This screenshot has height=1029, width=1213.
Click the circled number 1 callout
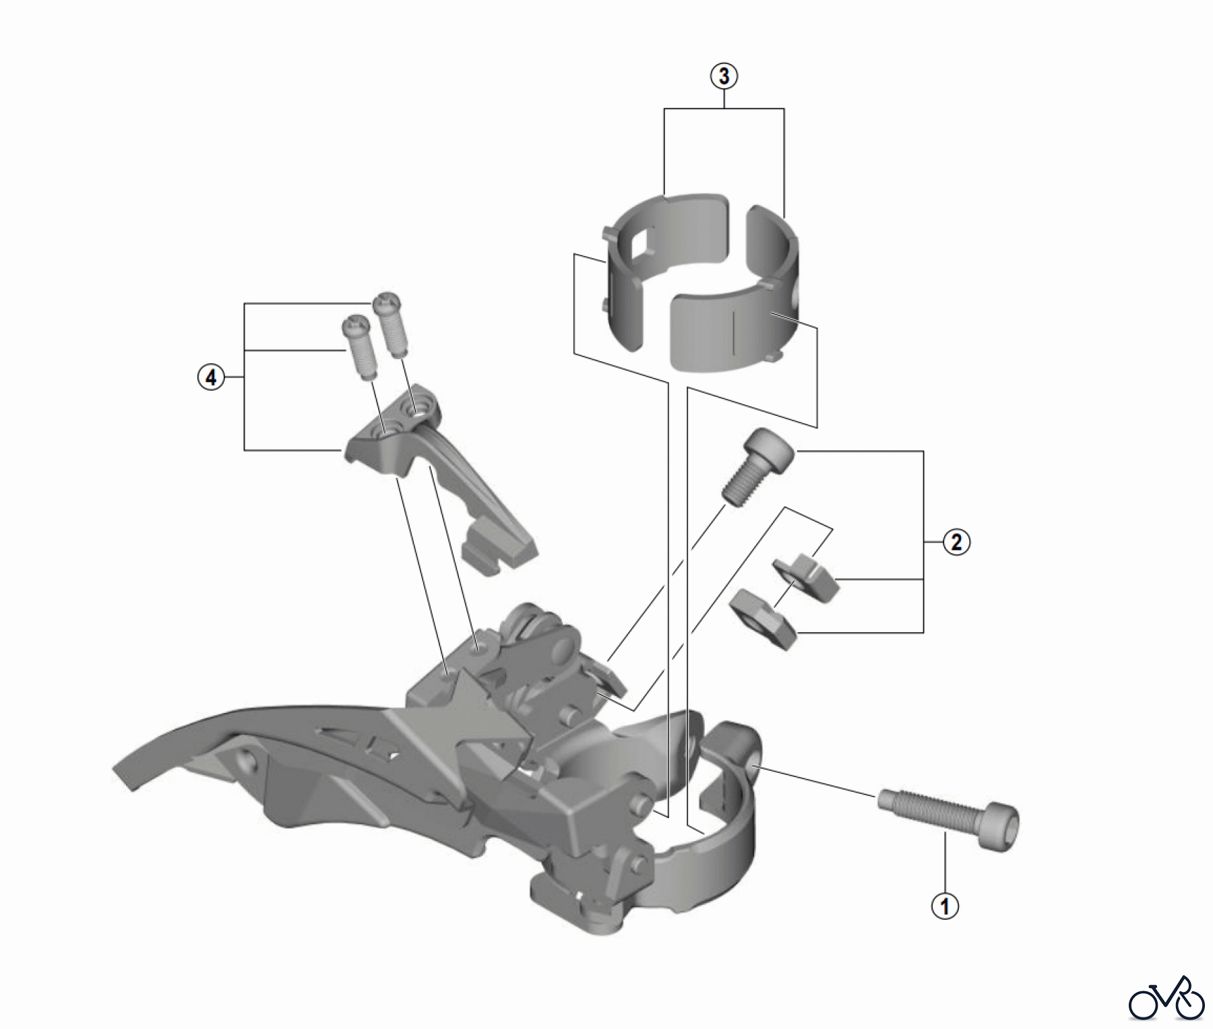point(945,906)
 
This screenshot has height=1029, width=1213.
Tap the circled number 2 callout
point(957,541)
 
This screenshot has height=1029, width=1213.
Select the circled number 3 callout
point(724,77)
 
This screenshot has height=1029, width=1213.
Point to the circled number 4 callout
point(211,377)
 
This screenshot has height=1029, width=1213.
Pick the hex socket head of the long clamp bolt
point(1002,827)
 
